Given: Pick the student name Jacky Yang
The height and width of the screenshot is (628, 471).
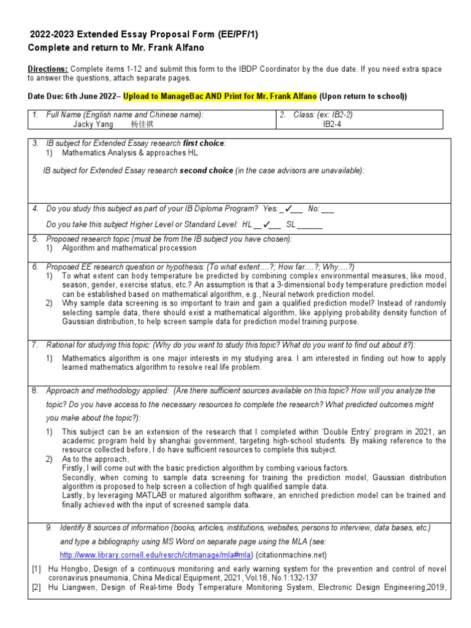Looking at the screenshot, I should coord(93,124).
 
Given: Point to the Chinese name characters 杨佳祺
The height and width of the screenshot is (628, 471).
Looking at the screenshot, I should coord(144,124).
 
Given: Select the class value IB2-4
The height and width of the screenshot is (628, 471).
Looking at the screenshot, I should coord(334,124).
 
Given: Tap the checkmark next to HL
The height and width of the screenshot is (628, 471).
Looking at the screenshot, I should coord(267,224).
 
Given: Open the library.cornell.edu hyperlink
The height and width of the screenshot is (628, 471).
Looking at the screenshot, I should coord(156,554).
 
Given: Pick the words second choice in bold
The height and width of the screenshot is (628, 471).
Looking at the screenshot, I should coord(206,170).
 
